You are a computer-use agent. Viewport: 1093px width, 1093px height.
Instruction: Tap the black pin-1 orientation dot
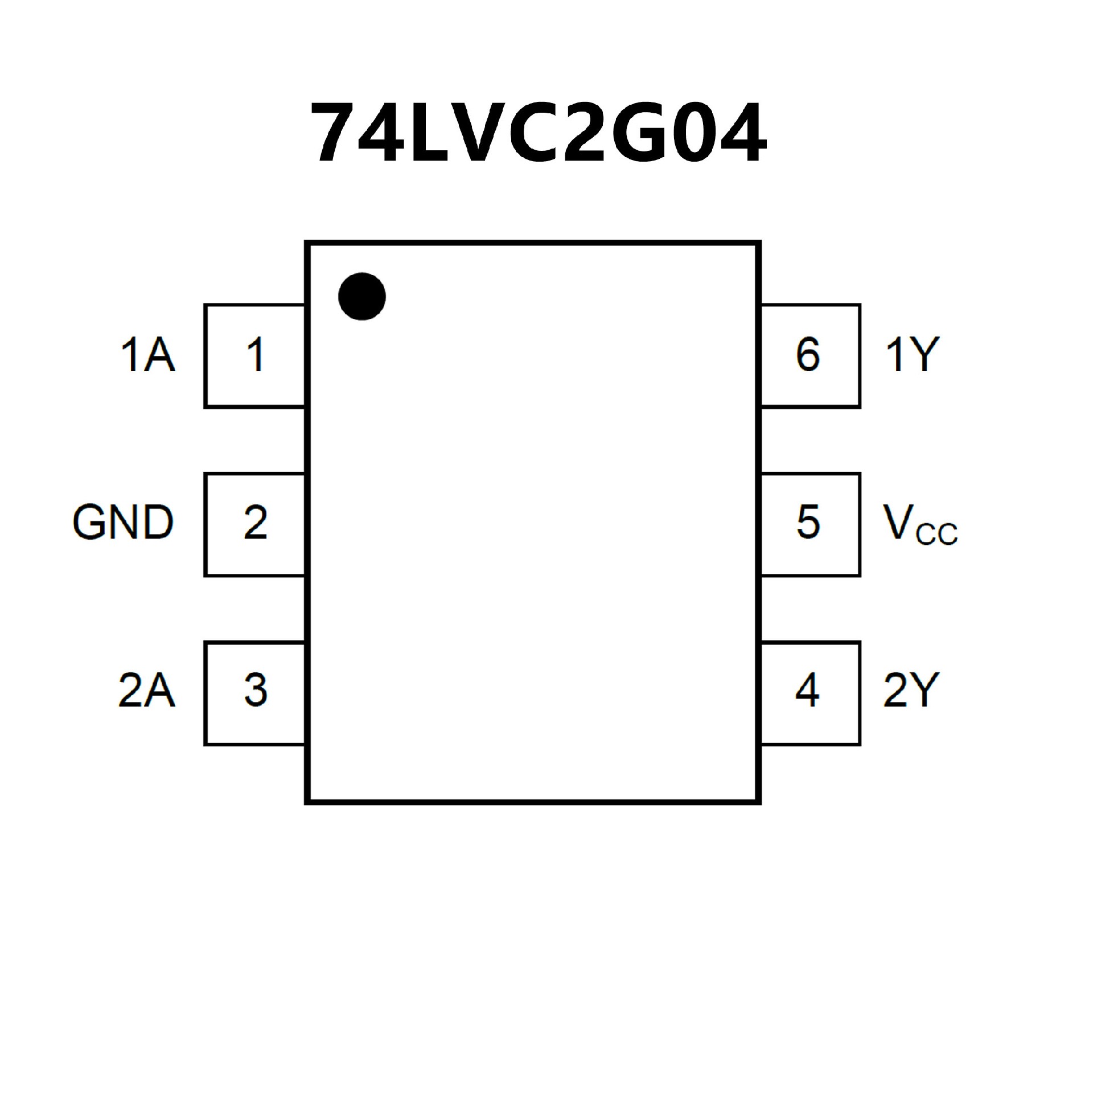pos(362,296)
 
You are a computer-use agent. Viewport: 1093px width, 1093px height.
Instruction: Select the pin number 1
pos(256,355)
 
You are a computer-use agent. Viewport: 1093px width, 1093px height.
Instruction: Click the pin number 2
pos(256,522)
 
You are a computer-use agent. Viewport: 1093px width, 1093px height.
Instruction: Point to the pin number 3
pos(256,690)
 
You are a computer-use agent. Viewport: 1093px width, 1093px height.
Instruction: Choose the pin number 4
pos(807,690)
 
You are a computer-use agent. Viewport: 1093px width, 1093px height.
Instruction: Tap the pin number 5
pos(808,522)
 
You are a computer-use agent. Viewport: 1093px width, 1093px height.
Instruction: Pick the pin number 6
pos(808,355)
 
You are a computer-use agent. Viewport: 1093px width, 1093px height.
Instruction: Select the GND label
pos(123,522)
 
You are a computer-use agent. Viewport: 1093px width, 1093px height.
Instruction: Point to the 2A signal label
pos(146,690)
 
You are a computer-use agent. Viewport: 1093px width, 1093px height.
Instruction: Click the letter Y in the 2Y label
pos(924,690)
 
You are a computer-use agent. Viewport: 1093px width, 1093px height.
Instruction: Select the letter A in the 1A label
pos(159,355)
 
